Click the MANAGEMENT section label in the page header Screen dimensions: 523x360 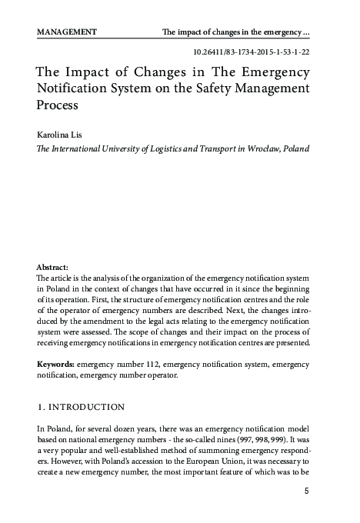click(66, 32)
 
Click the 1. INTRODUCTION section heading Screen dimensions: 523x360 click(81, 405)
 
